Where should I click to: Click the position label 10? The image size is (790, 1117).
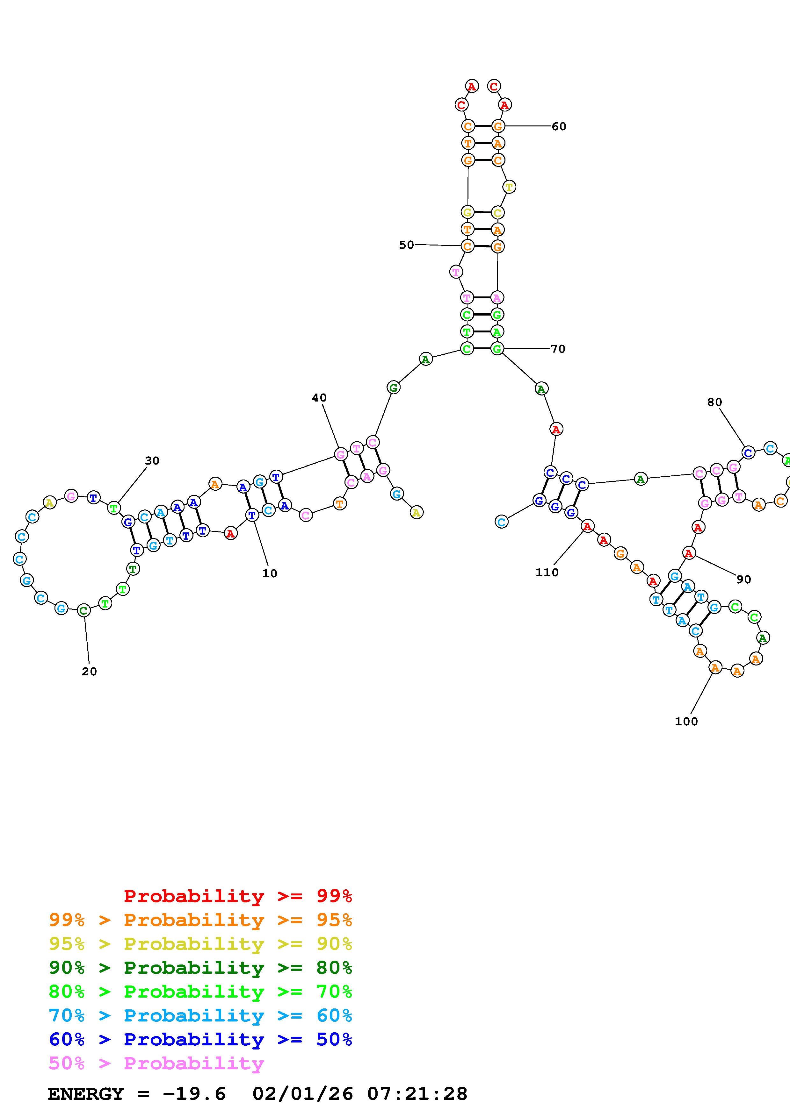[x=269, y=573]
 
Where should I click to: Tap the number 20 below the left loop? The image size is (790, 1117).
[x=89, y=671]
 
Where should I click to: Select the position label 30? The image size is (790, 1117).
[x=152, y=461]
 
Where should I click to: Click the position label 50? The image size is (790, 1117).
[x=406, y=245]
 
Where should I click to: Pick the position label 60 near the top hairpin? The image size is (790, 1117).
[x=559, y=126]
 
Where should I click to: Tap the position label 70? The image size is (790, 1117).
[x=558, y=349]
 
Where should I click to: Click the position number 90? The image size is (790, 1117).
[x=743, y=580]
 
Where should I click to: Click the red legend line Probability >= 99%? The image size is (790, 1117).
[x=237, y=896]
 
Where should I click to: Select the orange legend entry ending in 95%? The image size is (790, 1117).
[x=200, y=920]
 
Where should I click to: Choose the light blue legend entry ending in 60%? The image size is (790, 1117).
[x=200, y=1015]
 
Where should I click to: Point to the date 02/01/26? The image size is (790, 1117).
[x=303, y=1094]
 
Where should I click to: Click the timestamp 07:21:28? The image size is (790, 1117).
[x=417, y=1094]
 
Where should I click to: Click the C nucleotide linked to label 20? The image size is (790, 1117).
[x=84, y=610]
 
